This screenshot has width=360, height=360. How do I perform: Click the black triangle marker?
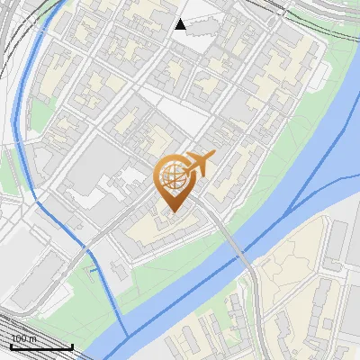[x=180, y=24]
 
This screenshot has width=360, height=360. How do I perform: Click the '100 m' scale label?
[x=23, y=338]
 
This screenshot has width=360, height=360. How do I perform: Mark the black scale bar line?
[x=41, y=346]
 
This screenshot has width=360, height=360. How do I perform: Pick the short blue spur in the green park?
[x=92, y=268]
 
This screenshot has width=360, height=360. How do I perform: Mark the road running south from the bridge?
[x=257, y=306]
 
